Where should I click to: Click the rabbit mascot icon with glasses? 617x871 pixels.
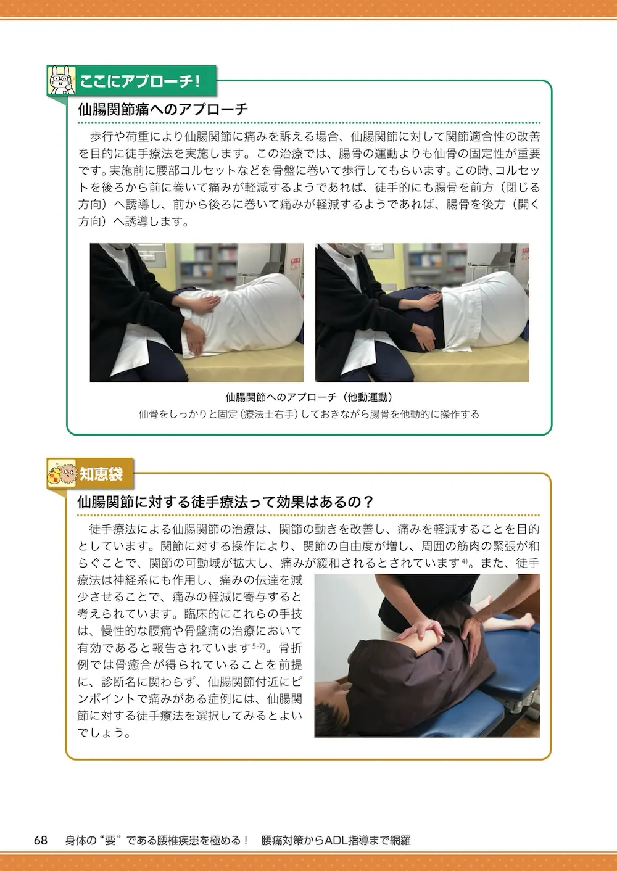61,80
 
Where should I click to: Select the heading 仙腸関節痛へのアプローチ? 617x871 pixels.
163,110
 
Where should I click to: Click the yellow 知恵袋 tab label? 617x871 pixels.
101,474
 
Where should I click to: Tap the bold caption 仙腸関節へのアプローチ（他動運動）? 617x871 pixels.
309,397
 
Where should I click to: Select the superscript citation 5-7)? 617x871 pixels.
259,646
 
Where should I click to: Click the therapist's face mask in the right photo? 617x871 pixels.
349,248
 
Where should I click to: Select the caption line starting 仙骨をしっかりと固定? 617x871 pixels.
309,414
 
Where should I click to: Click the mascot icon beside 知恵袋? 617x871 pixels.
62,473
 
